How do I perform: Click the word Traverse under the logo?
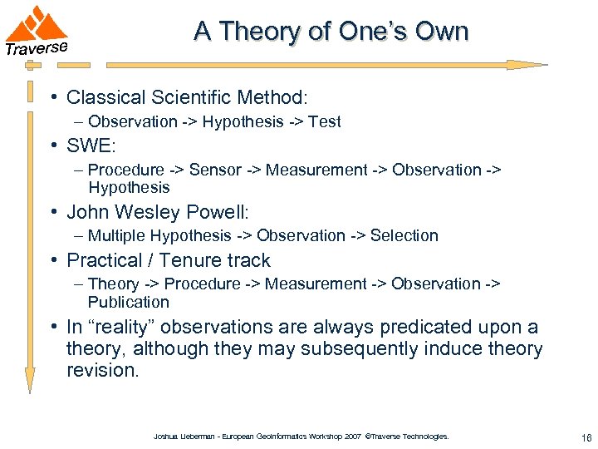coord(36,47)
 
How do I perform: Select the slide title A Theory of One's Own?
coord(331,32)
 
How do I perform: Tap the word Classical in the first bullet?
coord(102,97)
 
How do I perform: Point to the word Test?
coord(324,122)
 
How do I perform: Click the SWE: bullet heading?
coord(91,146)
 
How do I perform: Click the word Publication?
coord(128,302)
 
